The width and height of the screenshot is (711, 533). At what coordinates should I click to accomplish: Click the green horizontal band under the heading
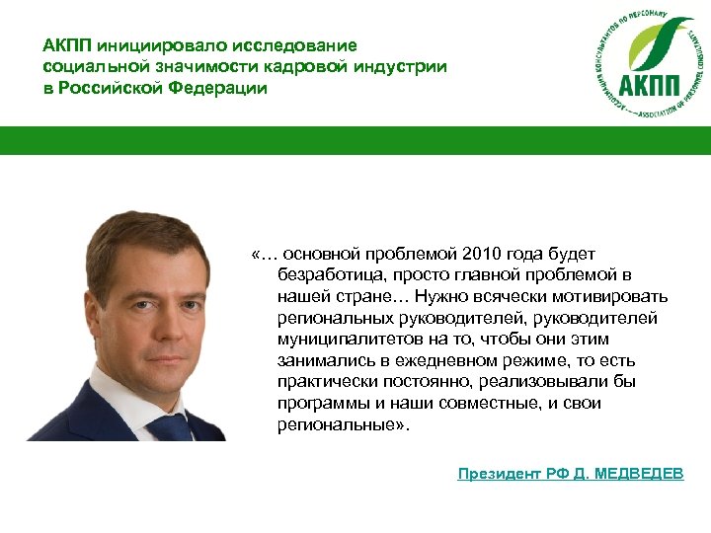click(355, 140)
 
